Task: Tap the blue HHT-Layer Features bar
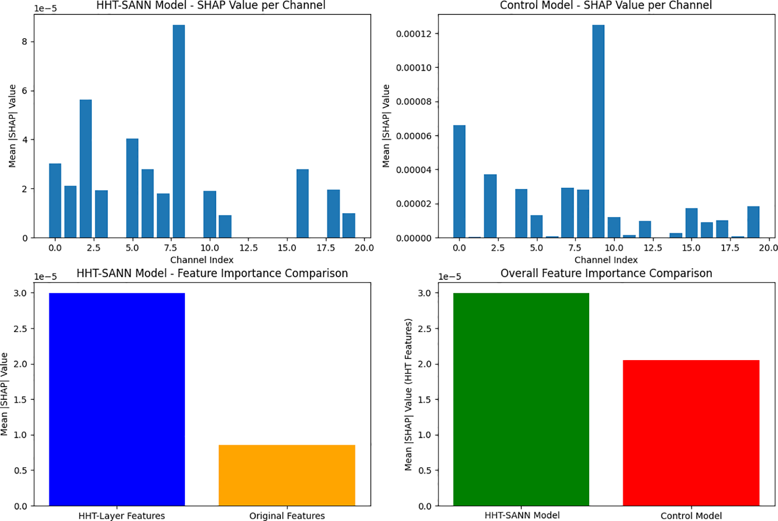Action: click(x=117, y=399)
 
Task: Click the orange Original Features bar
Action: click(x=287, y=475)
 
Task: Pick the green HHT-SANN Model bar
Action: click(x=521, y=399)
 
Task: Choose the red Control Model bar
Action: click(x=691, y=433)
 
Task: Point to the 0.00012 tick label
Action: click(x=414, y=34)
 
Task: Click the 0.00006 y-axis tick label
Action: click(x=414, y=136)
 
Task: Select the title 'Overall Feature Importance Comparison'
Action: click(x=606, y=273)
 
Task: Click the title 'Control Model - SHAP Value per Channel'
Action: click(x=606, y=6)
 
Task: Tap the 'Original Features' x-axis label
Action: click(x=287, y=516)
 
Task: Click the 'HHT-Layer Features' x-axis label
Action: click(x=122, y=516)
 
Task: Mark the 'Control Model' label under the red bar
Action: click(x=691, y=516)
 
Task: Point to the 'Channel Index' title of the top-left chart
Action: click(x=202, y=260)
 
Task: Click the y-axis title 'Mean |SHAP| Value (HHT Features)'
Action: click(x=408, y=394)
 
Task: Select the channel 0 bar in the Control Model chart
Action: click(x=459, y=181)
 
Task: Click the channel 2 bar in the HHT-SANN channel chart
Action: click(x=86, y=169)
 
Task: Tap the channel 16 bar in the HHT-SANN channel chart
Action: click(x=303, y=203)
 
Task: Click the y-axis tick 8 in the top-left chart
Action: click(x=25, y=42)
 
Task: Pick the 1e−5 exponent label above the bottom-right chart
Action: click(x=450, y=277)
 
